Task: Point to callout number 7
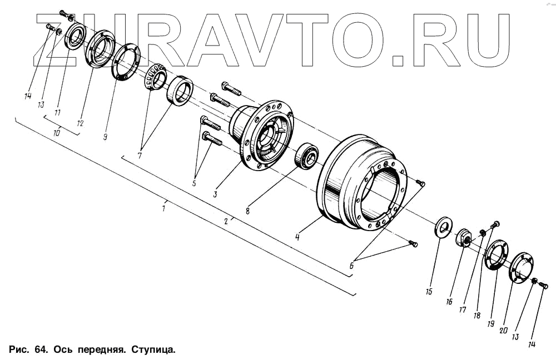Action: (140, 156)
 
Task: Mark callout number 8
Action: (248, 211)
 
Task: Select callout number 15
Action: (429, 291)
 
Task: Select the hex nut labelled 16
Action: (464, 238)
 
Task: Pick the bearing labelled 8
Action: (305, 155)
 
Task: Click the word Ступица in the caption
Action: (152, 350)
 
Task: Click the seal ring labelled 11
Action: (75, 37)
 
